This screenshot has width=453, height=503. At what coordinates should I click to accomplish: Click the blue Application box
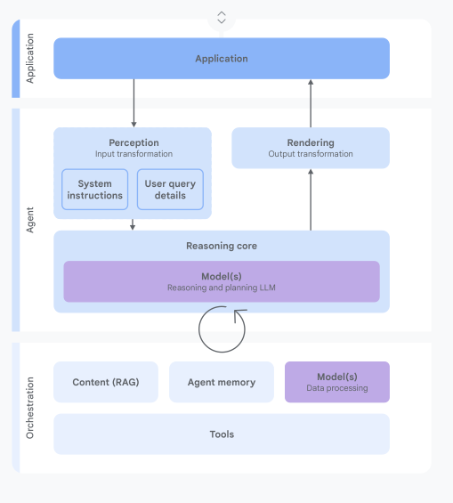222,59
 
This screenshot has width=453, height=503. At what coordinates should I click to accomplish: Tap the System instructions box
95,190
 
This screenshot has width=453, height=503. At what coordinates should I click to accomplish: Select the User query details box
170,190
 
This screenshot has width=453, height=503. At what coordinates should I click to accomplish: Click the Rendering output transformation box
311,148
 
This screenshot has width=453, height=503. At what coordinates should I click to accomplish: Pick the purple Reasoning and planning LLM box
222,281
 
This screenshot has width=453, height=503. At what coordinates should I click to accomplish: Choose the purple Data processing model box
337,382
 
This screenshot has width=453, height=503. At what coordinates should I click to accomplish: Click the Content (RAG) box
106,382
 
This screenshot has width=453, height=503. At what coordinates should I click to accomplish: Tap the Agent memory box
222,382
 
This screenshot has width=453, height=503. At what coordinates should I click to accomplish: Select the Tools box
222,434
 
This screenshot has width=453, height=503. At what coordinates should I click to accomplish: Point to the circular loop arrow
198,329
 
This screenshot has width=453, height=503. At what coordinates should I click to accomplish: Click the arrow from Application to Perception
134,103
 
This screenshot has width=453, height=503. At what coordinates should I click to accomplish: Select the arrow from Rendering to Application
311,103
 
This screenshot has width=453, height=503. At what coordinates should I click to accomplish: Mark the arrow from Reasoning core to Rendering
311,199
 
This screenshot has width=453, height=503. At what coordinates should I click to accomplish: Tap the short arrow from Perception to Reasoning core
133,224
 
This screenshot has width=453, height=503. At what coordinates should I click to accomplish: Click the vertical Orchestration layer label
30,408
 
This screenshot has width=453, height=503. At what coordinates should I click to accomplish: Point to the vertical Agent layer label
30,220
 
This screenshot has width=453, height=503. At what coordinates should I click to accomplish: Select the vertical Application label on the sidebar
30,59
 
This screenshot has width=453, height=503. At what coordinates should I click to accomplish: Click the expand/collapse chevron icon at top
222,18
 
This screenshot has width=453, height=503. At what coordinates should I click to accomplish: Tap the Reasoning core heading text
222,246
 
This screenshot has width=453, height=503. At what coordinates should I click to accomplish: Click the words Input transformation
134,154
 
